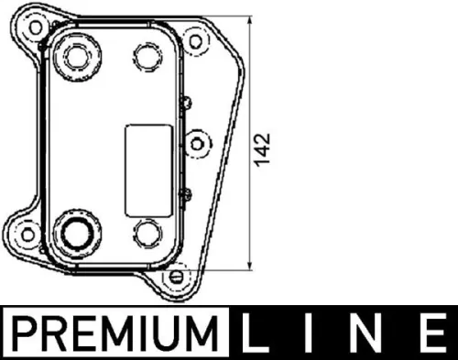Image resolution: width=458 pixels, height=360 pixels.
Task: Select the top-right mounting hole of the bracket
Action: point(193,40)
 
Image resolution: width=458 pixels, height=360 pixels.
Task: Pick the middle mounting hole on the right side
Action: point(197,145)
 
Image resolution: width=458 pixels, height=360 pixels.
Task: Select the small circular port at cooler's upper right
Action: point(147,55)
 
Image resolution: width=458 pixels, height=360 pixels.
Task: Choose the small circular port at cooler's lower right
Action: point(147,232)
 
